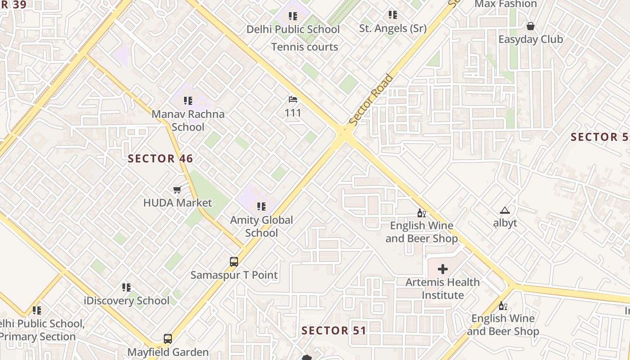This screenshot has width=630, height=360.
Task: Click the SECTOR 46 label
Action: (160, 158)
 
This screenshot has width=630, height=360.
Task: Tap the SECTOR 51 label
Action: (334, 331)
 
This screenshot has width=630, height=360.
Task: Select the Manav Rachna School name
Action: (188, 120)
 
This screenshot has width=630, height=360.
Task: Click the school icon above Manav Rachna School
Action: (188, 100)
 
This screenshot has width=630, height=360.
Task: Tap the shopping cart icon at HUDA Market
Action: (177, 190)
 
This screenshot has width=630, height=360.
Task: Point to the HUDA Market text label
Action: (177, 203)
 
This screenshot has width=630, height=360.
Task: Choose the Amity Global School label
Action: (261, 226)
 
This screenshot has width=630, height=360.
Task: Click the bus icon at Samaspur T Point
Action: (234, 261)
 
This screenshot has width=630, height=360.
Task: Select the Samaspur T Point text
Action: (234, 275)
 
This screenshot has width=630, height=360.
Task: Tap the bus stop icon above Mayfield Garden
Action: (168, 338)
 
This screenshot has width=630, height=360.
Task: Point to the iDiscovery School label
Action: (126, 301)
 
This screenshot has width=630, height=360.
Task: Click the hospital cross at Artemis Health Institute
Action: (443, 269)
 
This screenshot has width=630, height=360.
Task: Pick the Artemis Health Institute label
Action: (442, 289)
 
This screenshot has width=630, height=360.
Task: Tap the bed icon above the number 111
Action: (293, 99)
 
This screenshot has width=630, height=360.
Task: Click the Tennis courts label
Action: (305, 47)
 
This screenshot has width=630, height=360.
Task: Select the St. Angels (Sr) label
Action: (392, 29)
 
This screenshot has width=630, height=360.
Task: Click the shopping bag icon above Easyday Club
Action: (531, 26)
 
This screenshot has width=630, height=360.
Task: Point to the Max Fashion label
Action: (506, 4)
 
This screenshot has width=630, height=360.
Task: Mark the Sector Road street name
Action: (371, 100)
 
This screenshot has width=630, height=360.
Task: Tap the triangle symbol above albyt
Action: (505, 210)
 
